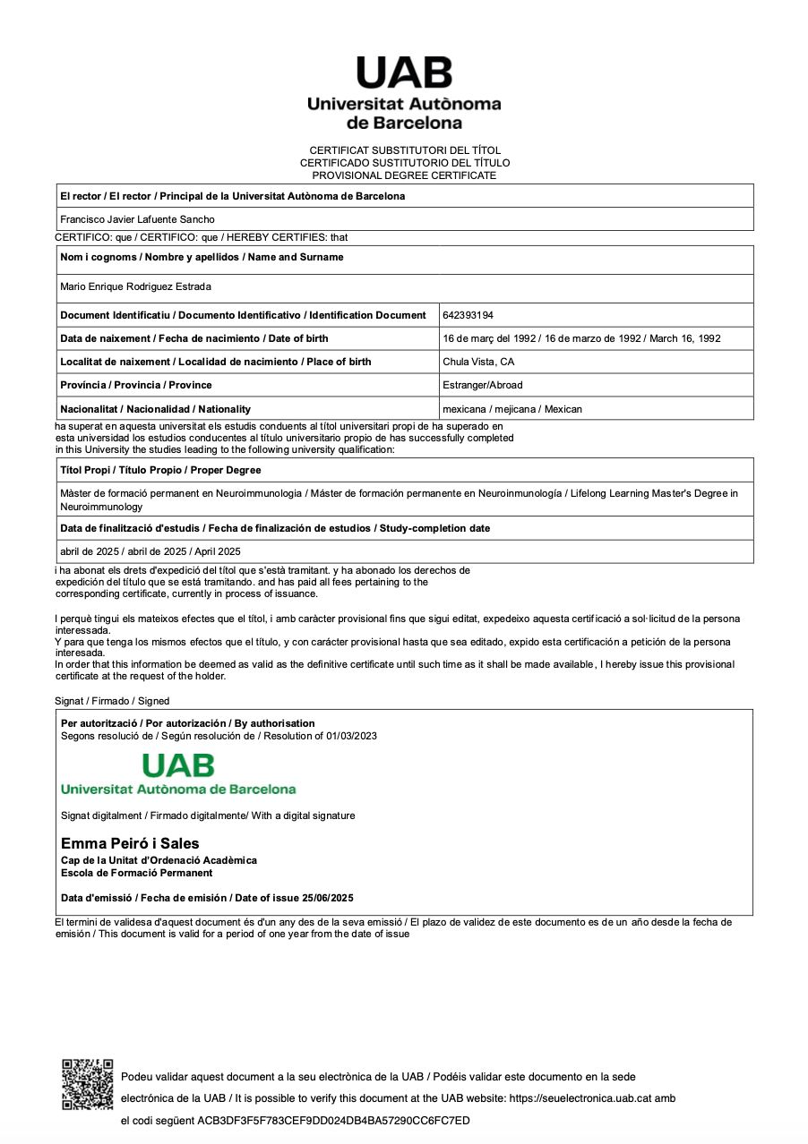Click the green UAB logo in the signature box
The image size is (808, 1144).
point(178,773)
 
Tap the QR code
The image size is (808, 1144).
point(87,1083)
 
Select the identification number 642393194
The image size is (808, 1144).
point(468,315)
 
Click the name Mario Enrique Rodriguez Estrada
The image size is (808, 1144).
point(135,286)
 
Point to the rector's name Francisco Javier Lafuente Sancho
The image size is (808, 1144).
point(137,219)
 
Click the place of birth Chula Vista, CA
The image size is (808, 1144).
point(478,362)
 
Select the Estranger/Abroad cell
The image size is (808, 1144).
point(482,385)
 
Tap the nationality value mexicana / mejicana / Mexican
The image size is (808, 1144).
point(511,409)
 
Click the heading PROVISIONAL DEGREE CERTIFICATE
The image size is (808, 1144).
point(404,175)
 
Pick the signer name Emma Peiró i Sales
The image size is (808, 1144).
point(130,843)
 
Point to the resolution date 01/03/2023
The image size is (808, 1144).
point(351,736)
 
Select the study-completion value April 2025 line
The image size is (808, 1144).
point(150,551)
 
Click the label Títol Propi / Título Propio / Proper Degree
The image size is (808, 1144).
point(160,470)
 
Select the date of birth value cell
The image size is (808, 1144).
point(581,338)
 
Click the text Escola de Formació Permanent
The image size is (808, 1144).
point(136,873)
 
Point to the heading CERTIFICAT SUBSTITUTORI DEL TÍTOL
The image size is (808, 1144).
point(405,150)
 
